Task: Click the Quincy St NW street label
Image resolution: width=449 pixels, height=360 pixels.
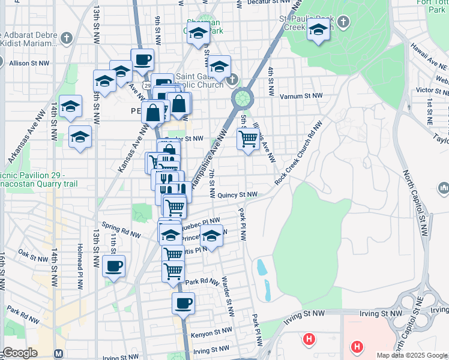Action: pyautogui.click(x=237, y=194)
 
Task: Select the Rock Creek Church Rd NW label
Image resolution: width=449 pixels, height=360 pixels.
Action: pyautogui.click(x=298, y=152)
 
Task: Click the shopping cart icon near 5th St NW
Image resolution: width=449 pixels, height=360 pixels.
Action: pyautogui.click(x=248, y=139)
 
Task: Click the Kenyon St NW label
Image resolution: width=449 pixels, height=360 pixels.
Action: pyautogui.click(x=211, y=331)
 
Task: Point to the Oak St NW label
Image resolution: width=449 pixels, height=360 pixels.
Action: pyautogui.click(x=33, y=255)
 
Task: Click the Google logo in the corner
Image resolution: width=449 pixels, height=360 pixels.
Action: pyautogui.click(x=20, y=353)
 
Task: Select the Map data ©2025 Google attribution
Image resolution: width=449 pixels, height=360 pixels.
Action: pyautogui.click(x=412, y=355)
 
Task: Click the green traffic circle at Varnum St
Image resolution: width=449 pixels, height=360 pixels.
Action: pyautogui.click(x=241, y=97)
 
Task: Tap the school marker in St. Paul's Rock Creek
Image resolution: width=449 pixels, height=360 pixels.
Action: pyautogui.click(x=318, y=29)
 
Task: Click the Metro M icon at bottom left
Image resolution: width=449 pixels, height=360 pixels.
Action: pyautogui.click(x=58, y=353)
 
